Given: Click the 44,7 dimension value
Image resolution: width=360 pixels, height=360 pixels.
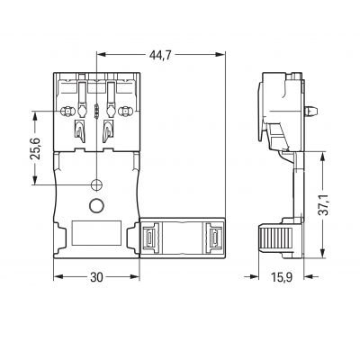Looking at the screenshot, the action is (160, 55).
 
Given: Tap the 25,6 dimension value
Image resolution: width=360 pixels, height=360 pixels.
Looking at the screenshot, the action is (36, 148).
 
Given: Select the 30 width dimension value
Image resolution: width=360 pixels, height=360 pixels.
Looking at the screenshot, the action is (96, 277).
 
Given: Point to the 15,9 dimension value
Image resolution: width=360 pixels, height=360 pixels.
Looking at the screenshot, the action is (282, 277).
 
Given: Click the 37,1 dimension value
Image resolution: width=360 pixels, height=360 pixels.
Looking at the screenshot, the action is (323, 204).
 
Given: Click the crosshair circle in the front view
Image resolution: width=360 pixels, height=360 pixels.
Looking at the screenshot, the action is (96, 184).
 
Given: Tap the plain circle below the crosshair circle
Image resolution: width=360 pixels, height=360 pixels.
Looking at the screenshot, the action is (96, 205).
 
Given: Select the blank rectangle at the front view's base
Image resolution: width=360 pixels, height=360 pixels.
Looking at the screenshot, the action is (97, 233).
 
